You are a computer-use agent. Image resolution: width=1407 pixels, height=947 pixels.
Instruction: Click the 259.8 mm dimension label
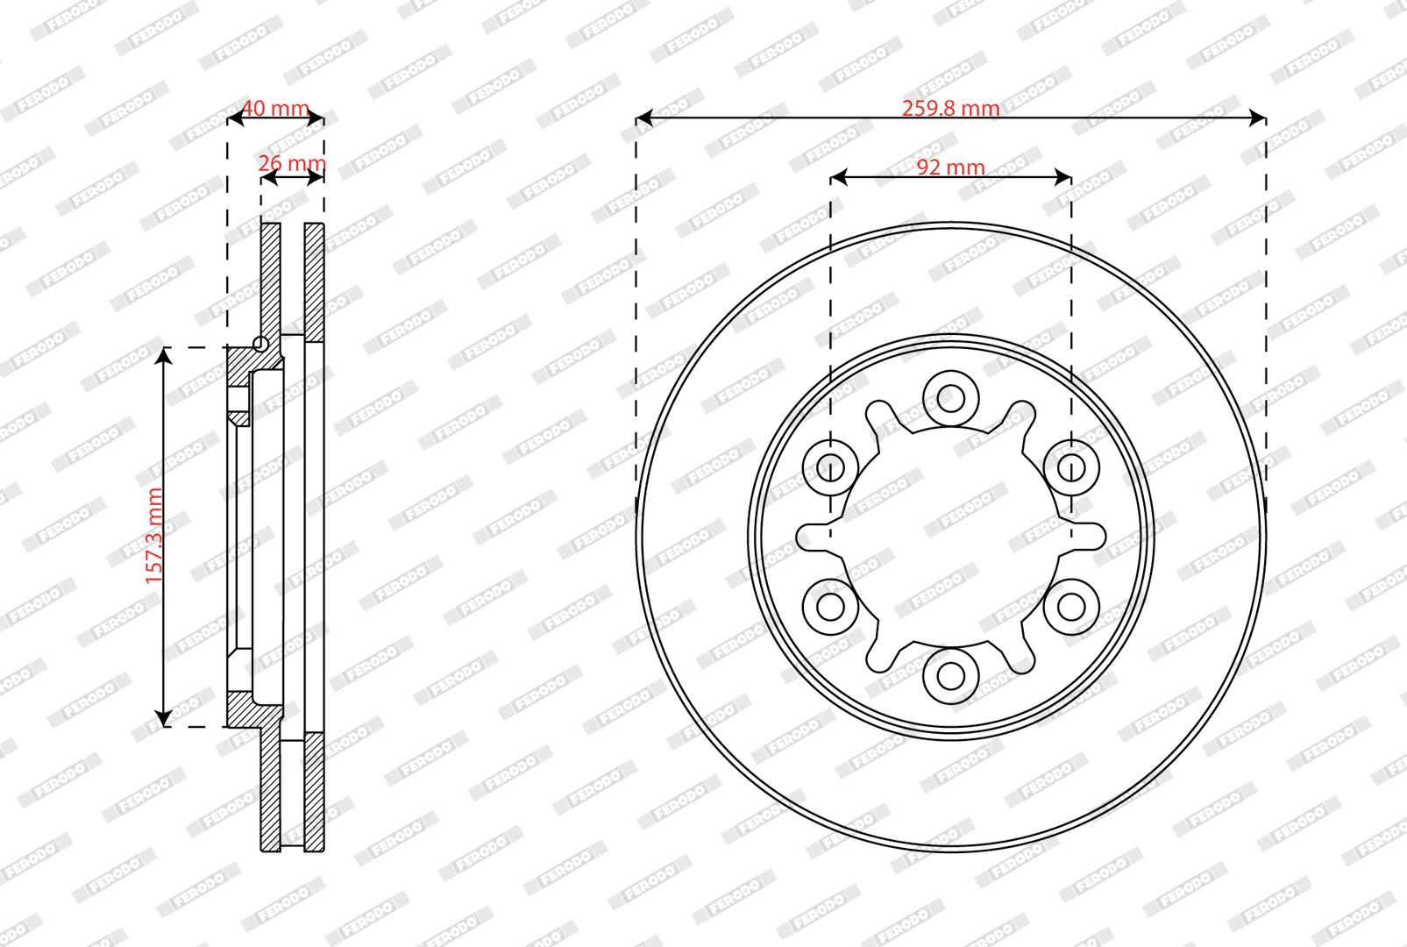click(x=950, y=109)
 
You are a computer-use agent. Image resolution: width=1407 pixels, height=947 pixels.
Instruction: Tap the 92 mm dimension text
click(x=950, y=167)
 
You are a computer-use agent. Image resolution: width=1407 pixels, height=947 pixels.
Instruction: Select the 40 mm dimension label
click(x=276, y=108)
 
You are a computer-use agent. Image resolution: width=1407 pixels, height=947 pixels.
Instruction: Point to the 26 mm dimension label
click(x=292, y=163)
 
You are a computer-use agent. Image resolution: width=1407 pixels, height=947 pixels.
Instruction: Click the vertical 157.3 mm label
click(x=154, y=536)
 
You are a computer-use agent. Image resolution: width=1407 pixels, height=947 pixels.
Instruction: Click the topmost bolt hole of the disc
click(x=950, y=398)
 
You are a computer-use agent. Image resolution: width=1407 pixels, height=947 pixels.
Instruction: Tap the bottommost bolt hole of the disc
click(x=950, y=676)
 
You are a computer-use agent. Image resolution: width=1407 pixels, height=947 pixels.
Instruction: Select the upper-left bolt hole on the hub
click(x=830, y=467)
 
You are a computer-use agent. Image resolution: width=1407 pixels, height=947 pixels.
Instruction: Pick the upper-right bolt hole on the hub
click(x=1071, y=467)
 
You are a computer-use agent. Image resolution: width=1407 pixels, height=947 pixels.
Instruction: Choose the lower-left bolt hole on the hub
click(x=830, y=607)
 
